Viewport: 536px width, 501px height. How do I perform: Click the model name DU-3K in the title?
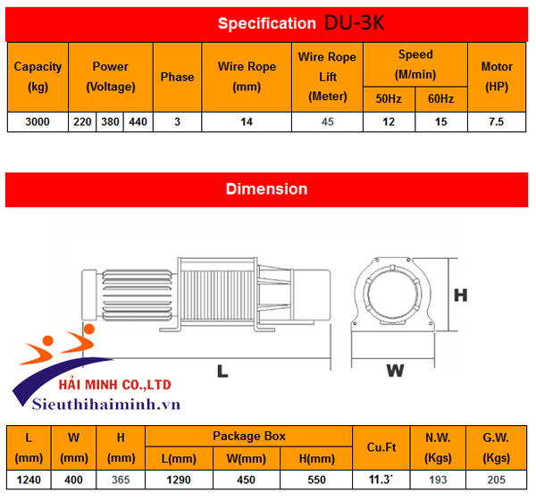[354, 22]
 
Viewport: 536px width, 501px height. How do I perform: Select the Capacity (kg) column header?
[38, 77]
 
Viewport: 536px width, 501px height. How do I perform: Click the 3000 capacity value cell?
[38, 121]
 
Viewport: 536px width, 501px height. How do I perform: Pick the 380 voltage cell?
[111, 121]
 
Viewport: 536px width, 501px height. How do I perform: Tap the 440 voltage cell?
[138, 121]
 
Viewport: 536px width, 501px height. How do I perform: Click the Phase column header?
[177, 77]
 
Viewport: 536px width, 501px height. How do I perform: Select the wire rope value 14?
[246, 121]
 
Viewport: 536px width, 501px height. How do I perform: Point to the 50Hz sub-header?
[389, 98]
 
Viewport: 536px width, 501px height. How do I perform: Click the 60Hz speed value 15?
[441, 121]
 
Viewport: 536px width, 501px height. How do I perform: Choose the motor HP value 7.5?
[497, 121]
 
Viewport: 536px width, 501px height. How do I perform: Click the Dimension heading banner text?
[266, 189]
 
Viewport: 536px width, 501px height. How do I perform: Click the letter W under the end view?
[394, 370]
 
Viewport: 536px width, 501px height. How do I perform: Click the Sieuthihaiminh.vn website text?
[107, 404]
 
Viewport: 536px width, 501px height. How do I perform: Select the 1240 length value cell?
[29, 480]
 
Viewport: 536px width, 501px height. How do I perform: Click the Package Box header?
[249, 436]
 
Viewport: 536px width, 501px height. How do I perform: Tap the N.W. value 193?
[438, 480]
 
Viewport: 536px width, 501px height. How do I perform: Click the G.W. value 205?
[496, 480]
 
